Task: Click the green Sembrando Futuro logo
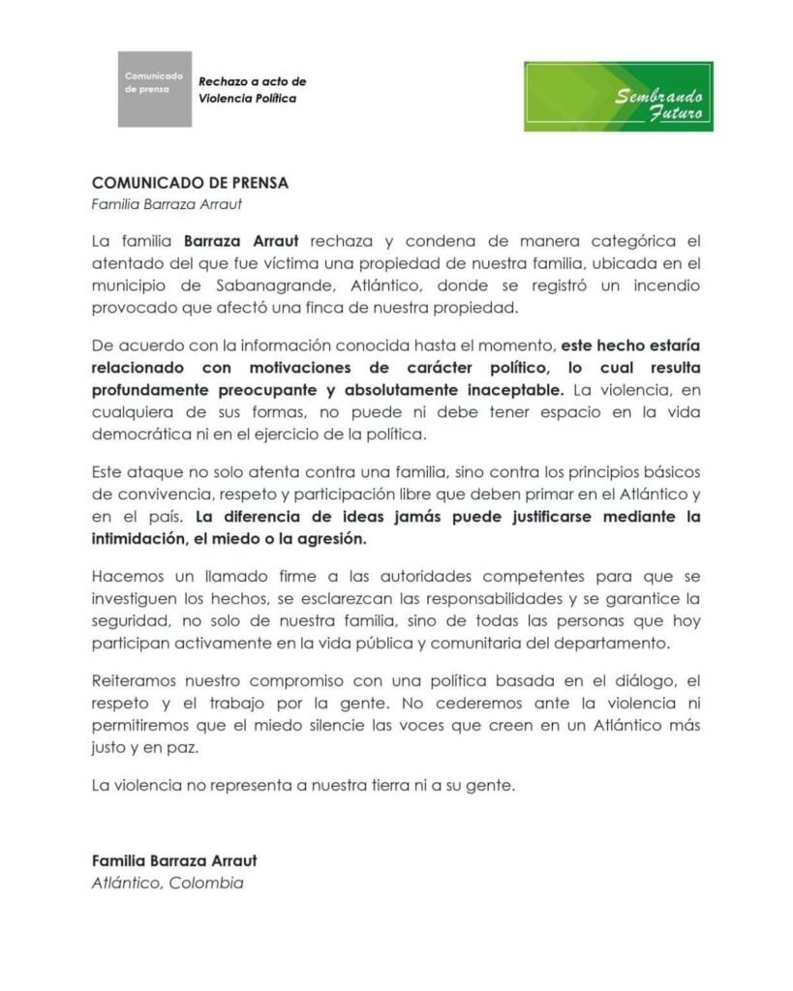tap(618, 97)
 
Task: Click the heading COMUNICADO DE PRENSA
tap(190, 182)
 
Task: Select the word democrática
tap(137, 436)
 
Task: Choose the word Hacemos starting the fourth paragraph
tap(125, 572)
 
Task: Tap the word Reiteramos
tap(133, 680)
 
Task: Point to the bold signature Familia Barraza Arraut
tap(174, 859)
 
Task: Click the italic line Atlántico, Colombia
tap(167, 883)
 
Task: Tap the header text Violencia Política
tap(248, 99)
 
